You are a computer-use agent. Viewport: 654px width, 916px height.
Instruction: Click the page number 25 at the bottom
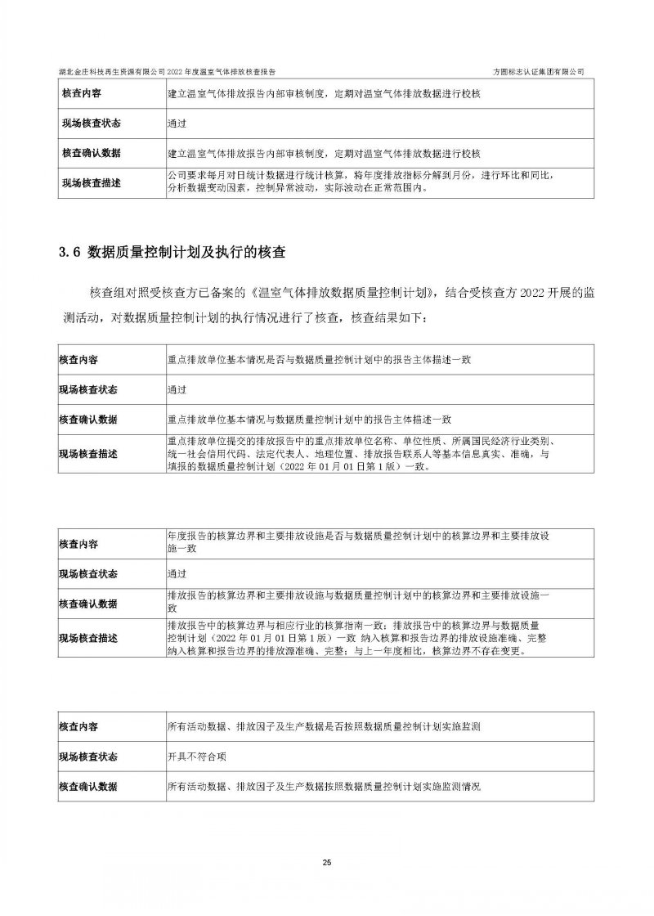pyautogui.click(x=326, y=863)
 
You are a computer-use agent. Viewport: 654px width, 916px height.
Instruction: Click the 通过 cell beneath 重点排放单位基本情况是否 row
pyautogui.click(x=177, y=389)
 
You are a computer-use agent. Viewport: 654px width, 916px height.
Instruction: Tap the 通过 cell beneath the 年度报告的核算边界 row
pyautogui.click(x=177, y=573)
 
